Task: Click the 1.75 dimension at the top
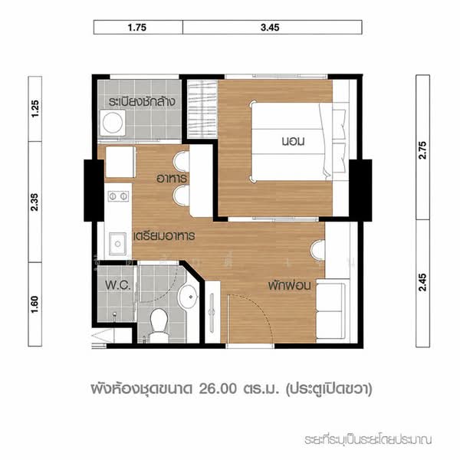click(137, 28)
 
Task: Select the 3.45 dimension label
click(270, 28)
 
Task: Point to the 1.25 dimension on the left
click(35, 109)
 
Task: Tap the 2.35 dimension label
click(35, 202)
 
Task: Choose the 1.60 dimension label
click(35, 304)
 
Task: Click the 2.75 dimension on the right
click(422, 150)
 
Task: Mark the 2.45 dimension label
click(422, 282)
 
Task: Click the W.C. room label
click(118, 285)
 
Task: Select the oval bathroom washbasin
click(188, 297)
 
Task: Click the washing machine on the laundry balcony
click(113, 123)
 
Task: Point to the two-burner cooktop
click(118, 196)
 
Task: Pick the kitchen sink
click(117, 244)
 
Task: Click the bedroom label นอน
click(293, 141)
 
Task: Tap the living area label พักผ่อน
click(289, 285)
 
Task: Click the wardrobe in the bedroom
click(202, 109)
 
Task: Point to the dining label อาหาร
click(171, 179)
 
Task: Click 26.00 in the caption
click(218, 389)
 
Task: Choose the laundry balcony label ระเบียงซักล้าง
click(142, 101)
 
